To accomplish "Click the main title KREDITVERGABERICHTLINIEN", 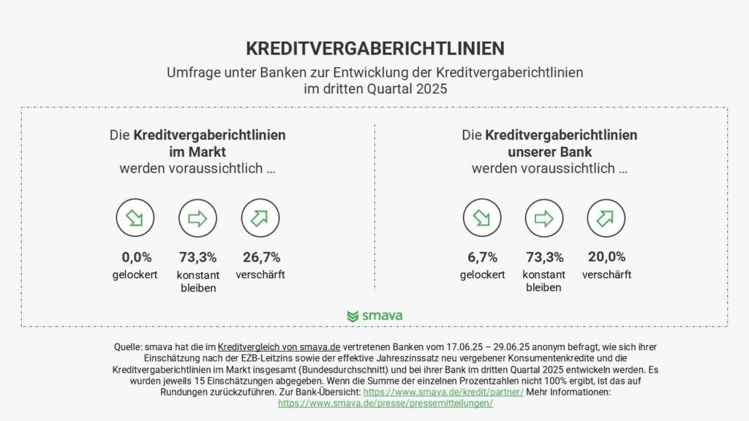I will point(374,48).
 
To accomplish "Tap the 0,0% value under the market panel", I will point(136,257).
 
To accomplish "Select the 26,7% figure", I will point(260,257).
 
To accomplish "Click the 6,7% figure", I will point(482,257).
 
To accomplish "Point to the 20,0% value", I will point(606,257).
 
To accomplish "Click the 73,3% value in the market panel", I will point(197,257).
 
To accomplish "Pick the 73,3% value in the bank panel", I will point(544,257).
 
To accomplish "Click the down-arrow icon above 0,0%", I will point(135,218).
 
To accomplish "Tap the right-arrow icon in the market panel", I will point(197,218).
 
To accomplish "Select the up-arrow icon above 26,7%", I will point(260,218).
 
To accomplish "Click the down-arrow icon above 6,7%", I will point(482,218).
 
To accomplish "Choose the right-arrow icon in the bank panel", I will point(544,218).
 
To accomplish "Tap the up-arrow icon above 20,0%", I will point(606,218).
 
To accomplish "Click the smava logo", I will point(374,316).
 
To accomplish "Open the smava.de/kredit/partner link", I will point(443,392).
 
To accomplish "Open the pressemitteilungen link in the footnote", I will point(385,403).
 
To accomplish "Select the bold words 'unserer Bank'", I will point(549,152).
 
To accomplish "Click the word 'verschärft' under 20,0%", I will point(606,275).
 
